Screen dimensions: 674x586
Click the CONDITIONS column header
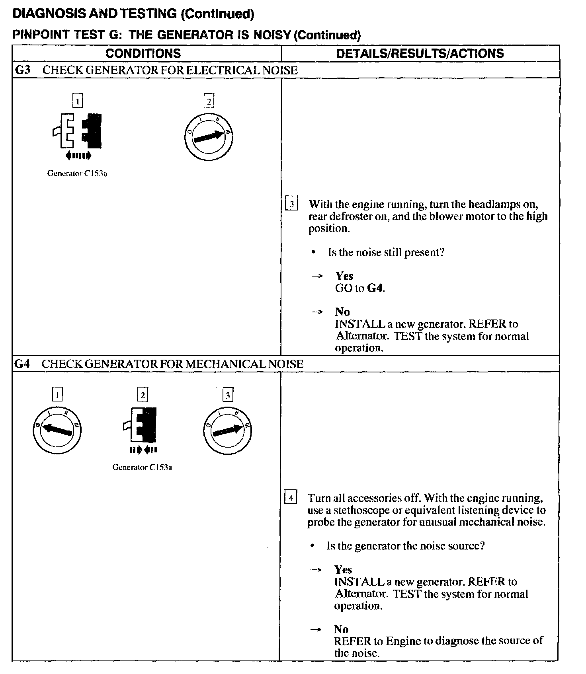tap(143, 54)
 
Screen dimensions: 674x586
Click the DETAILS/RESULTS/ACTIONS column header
tap(420, 54)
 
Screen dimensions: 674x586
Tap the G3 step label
tap(22, 70)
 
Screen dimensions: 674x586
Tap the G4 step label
tap(22, 364)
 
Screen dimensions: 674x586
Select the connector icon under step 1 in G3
tap(78, 131)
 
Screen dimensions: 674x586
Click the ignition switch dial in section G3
tap(209, 137)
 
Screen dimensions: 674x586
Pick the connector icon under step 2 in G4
tap(141, 425)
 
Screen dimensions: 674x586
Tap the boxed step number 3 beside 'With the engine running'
tap(291, 205)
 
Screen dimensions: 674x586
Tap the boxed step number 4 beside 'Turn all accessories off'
tap(291, 498)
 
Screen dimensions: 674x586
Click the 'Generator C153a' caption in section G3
tap(77, 173)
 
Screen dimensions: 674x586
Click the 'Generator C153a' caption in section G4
tap(142, 467)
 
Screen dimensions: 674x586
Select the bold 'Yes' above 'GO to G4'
tap(344, 276)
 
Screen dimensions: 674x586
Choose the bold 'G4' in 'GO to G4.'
tap(375, 288)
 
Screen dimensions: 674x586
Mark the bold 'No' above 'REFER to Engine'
tap(341, 629)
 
